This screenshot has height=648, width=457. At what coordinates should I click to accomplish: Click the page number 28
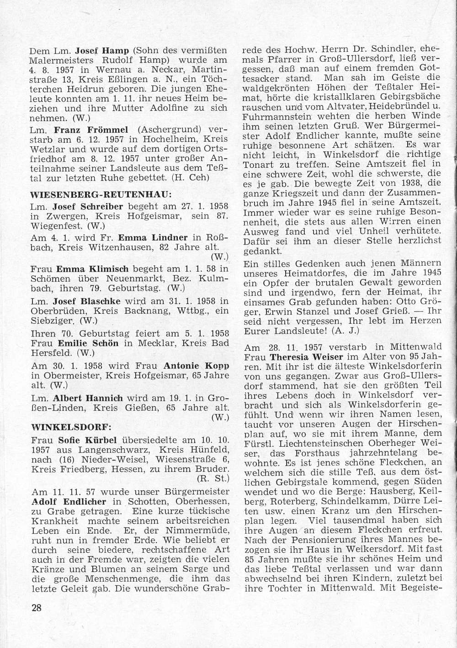(x=37, y=608)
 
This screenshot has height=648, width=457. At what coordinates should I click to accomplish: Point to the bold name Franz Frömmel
(x=88, y=130)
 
